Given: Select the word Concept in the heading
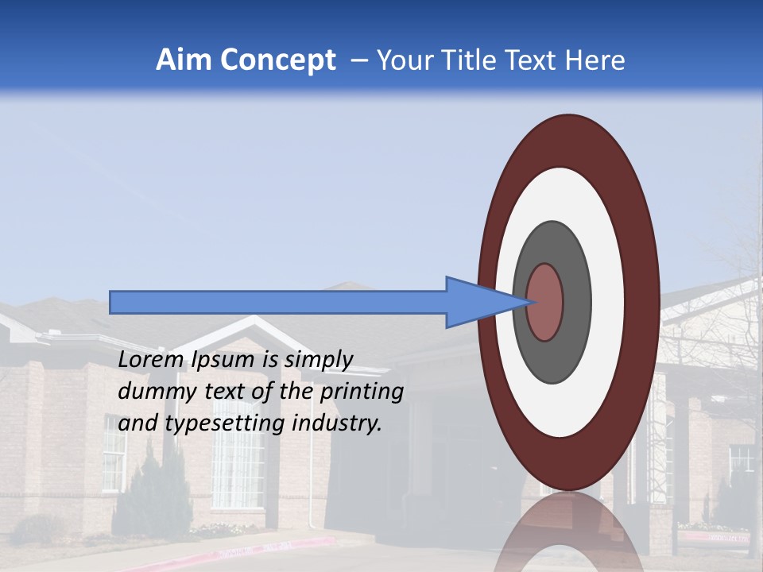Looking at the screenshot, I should tap(277, 61).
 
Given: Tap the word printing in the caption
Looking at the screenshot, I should tap(362, 392).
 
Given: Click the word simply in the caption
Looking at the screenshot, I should tap(318, 359).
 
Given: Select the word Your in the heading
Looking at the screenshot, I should tap(404, 60).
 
